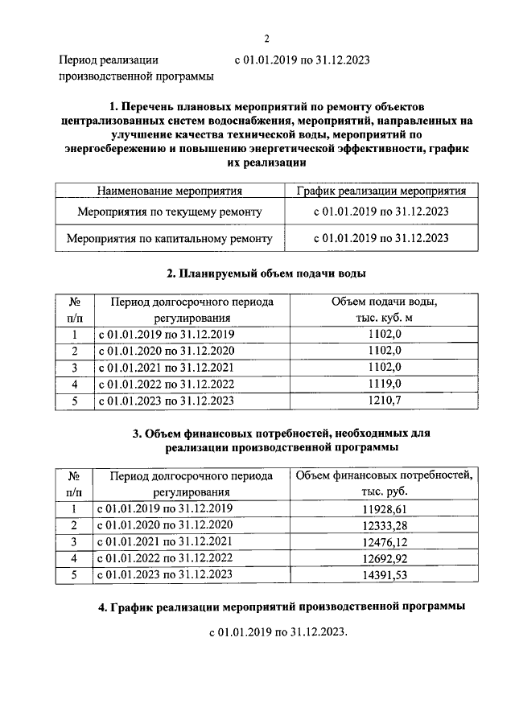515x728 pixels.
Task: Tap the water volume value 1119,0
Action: point(384,383)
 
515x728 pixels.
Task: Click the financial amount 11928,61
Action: point(384,508)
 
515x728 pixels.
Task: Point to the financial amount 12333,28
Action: point(384,524)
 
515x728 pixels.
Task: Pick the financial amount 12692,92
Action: point(384,557)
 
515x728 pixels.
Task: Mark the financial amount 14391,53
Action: point(384,574)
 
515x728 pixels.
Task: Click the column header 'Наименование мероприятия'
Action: point(170,191)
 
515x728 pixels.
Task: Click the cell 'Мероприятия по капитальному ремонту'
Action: point(170,238)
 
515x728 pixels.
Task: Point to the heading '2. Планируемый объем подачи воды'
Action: point(266,274)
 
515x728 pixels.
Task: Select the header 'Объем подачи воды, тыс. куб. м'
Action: point(384,309)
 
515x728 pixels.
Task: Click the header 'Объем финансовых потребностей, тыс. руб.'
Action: point(384,483)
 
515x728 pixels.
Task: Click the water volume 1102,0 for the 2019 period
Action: point(384,334)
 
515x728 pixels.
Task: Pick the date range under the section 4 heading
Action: point(277,633)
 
